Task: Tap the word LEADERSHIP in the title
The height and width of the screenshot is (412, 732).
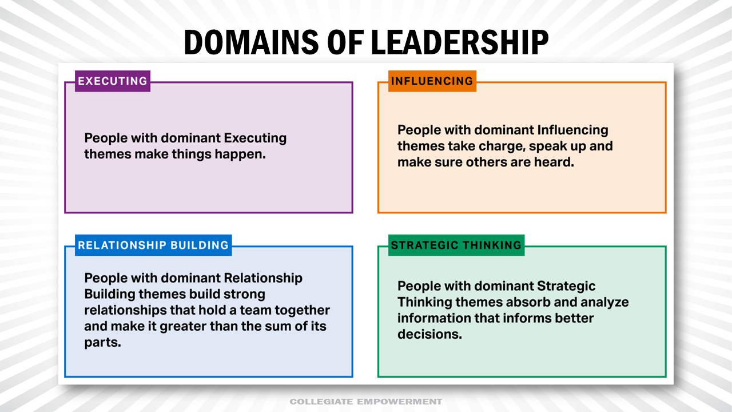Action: pos(460,42)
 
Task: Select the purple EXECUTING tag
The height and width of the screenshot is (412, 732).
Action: pos(113,81)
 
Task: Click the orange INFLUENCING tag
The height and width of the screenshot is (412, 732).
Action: pos(432,81)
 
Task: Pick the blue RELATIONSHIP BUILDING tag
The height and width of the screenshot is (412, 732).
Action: pos(153,245)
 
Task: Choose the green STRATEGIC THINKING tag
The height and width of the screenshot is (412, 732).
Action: pos(456,245)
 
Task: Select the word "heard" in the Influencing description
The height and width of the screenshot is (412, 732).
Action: pos(554,162)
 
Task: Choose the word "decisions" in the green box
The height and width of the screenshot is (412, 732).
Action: pos(429,334)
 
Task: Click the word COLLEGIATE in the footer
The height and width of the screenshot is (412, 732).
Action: pos(321,402)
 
